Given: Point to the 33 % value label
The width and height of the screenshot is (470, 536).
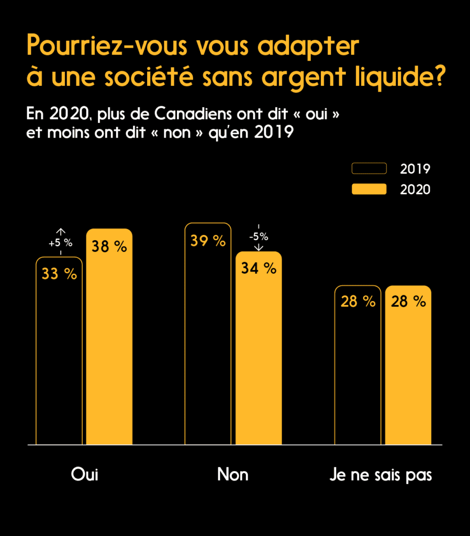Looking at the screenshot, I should (x=59, y=274).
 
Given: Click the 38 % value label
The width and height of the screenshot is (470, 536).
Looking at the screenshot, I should (x=109, y=247).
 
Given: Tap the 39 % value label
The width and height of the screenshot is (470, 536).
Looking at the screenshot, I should (x=208, y=241).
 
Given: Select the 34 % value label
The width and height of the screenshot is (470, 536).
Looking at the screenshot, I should (x=259, y=269).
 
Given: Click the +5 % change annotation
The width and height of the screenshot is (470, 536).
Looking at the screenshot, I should (x=60, y=243).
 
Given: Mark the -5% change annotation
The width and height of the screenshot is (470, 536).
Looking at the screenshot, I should (x=259, y=236).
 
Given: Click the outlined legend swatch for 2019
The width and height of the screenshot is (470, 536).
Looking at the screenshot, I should (x=369, y=168).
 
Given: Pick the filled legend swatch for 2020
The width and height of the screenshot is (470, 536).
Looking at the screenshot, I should (x=369, y=189).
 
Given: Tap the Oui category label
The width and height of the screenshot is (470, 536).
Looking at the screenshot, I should (x=85, y=475).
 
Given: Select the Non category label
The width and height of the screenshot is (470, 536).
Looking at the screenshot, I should (x=233, y=475).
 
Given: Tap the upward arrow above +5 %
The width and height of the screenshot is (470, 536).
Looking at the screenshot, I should (x=61, y=231).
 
